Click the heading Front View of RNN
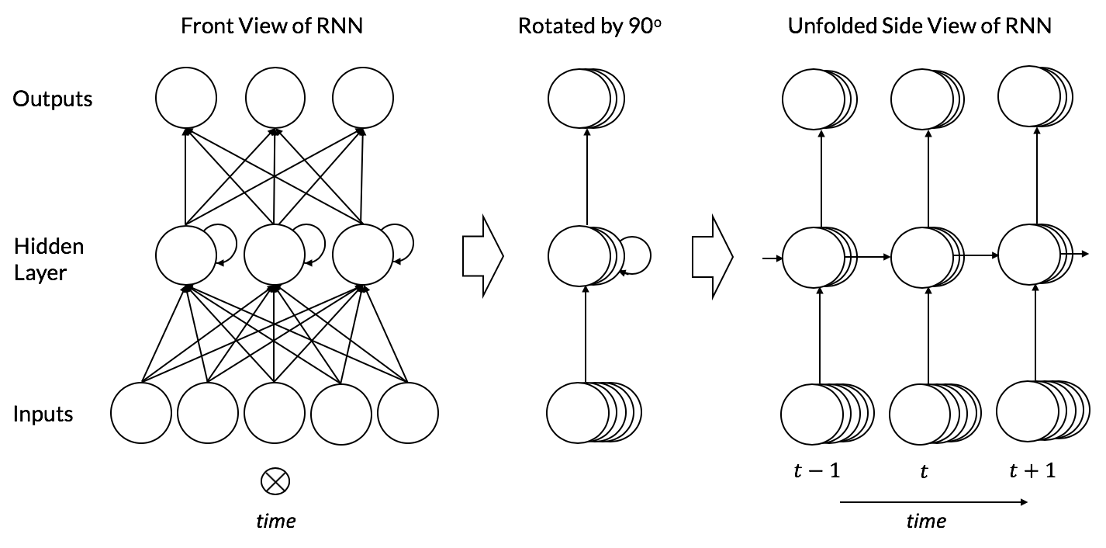tap(271, 26)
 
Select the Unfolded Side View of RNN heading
tap(920, 26)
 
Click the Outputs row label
tap(53, 99)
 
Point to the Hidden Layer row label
tap(48, 259)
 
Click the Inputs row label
tap(43, 414)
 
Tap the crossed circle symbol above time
tap(275, 482)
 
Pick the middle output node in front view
tap(275, 99)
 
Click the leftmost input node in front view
tap(141, 412)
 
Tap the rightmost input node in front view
tap(408, 412)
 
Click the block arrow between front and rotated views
tap(482, 255)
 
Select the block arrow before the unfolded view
tap(712, 255)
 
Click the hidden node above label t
tap(922, 255)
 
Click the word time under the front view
tap(276, 520)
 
